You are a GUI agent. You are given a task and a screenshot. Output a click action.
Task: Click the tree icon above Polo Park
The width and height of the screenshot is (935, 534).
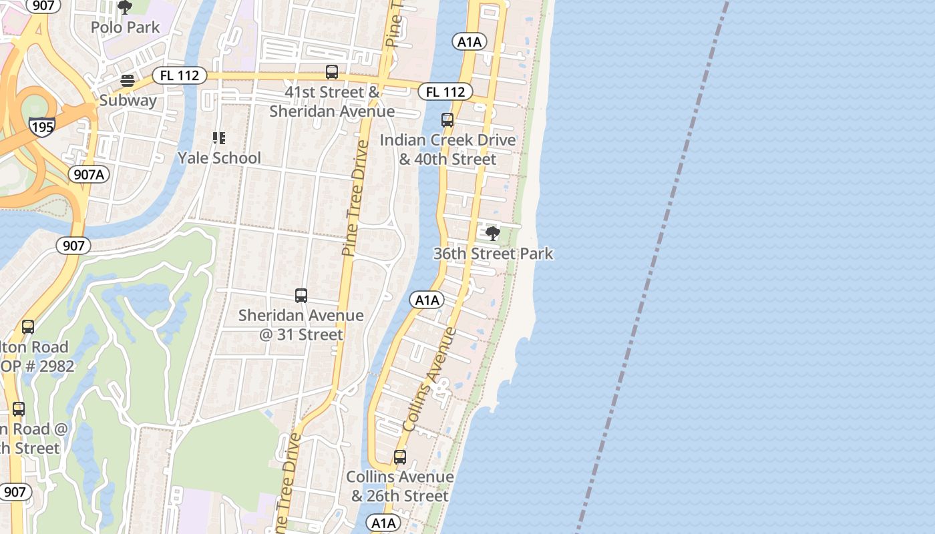pos(125,7)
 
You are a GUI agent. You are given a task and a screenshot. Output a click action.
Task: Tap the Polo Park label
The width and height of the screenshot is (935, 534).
pos(126,27)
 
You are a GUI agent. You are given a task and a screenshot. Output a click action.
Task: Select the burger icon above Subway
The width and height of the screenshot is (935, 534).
pos(128,81)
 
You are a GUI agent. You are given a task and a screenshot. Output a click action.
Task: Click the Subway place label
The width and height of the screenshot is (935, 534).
pos(128,101)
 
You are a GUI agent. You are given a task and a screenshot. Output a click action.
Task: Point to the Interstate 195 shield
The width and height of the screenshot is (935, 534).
pos(42,125)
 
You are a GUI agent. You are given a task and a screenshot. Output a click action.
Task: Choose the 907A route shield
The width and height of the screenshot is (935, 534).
pos(88,174)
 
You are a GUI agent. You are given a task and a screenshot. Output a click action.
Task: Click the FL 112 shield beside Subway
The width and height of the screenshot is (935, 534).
pos(180,75)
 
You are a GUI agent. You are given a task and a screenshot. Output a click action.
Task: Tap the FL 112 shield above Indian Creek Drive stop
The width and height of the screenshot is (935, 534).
pos(445,91)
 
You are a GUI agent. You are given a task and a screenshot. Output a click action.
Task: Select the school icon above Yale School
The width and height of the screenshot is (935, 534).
pos(219,138)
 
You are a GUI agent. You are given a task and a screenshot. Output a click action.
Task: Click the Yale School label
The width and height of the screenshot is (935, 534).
pos(219,158)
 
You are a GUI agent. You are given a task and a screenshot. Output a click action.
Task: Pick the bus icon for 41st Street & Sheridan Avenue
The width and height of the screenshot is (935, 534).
pos(332,72)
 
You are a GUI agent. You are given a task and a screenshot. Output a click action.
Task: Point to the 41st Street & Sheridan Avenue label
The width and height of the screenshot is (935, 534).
pos(332,101)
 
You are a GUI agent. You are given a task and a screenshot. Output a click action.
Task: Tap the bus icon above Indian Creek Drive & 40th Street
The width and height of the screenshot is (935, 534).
pos(447,120)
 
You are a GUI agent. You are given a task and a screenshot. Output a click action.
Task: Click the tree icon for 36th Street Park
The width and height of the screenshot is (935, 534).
pos(493,234)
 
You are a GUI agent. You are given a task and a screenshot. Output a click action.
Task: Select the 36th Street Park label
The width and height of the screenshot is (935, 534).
pos(493,254)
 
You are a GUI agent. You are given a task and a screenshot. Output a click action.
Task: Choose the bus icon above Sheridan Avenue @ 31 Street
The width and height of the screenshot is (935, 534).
pos(301,295)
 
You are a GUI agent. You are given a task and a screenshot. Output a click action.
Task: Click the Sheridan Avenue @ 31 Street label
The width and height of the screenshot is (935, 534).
pos(301,324)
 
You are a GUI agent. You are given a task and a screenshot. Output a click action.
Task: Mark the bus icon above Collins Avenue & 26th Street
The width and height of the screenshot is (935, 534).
pos(400,457)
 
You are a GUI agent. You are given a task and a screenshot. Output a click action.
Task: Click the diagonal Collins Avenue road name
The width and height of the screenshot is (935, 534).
pos(430,379)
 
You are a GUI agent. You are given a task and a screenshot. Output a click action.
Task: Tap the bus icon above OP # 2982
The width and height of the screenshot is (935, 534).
pos(28,327)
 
